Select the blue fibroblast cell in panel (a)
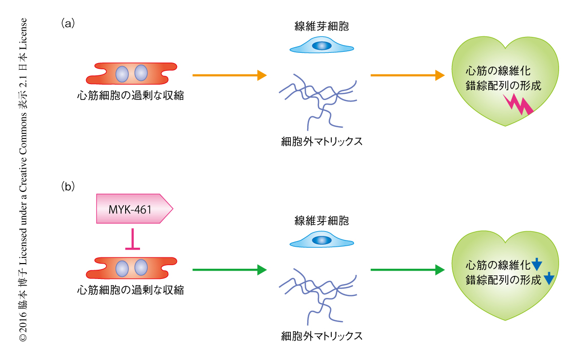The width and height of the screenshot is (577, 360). coord(322,45)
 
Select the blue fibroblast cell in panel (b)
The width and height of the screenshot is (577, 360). coord(322,239)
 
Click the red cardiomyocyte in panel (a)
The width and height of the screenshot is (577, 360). coord(131,74)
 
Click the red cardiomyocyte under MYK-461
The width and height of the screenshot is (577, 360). coord(131,268)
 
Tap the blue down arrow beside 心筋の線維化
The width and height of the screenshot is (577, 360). coord(536,265)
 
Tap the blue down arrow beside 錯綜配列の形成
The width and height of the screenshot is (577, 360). coord(548,279)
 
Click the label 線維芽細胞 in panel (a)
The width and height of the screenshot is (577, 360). coord(322,26)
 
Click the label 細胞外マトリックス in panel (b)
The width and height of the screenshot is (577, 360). coord(322,336)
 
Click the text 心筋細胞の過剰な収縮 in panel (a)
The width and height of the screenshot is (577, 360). coord(130,95)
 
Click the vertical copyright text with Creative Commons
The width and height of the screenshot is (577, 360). coord(23,179)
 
